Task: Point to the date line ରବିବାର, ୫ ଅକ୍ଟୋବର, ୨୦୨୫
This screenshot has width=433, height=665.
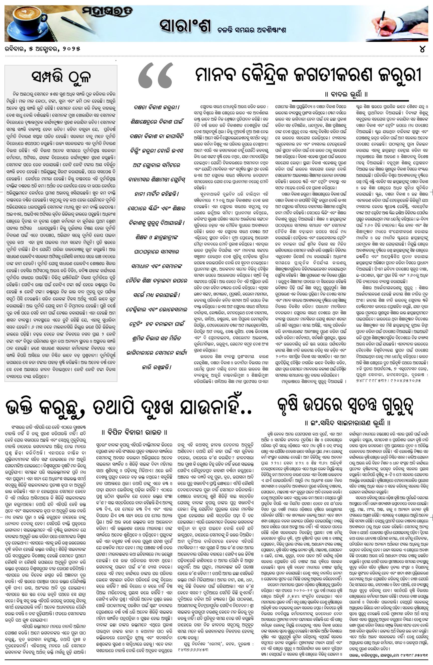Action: click(x=42, y=49)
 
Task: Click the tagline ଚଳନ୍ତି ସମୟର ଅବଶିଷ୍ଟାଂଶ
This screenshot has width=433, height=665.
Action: click(x=252, y=30)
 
